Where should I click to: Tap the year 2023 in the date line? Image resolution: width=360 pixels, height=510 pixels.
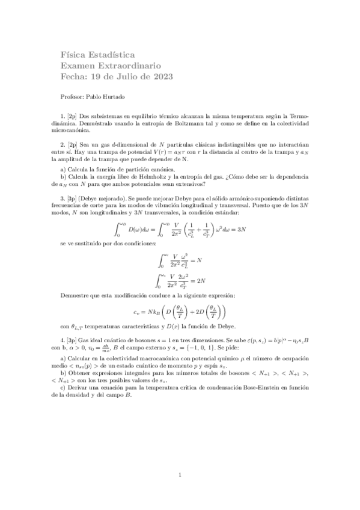tap(160, 77)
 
